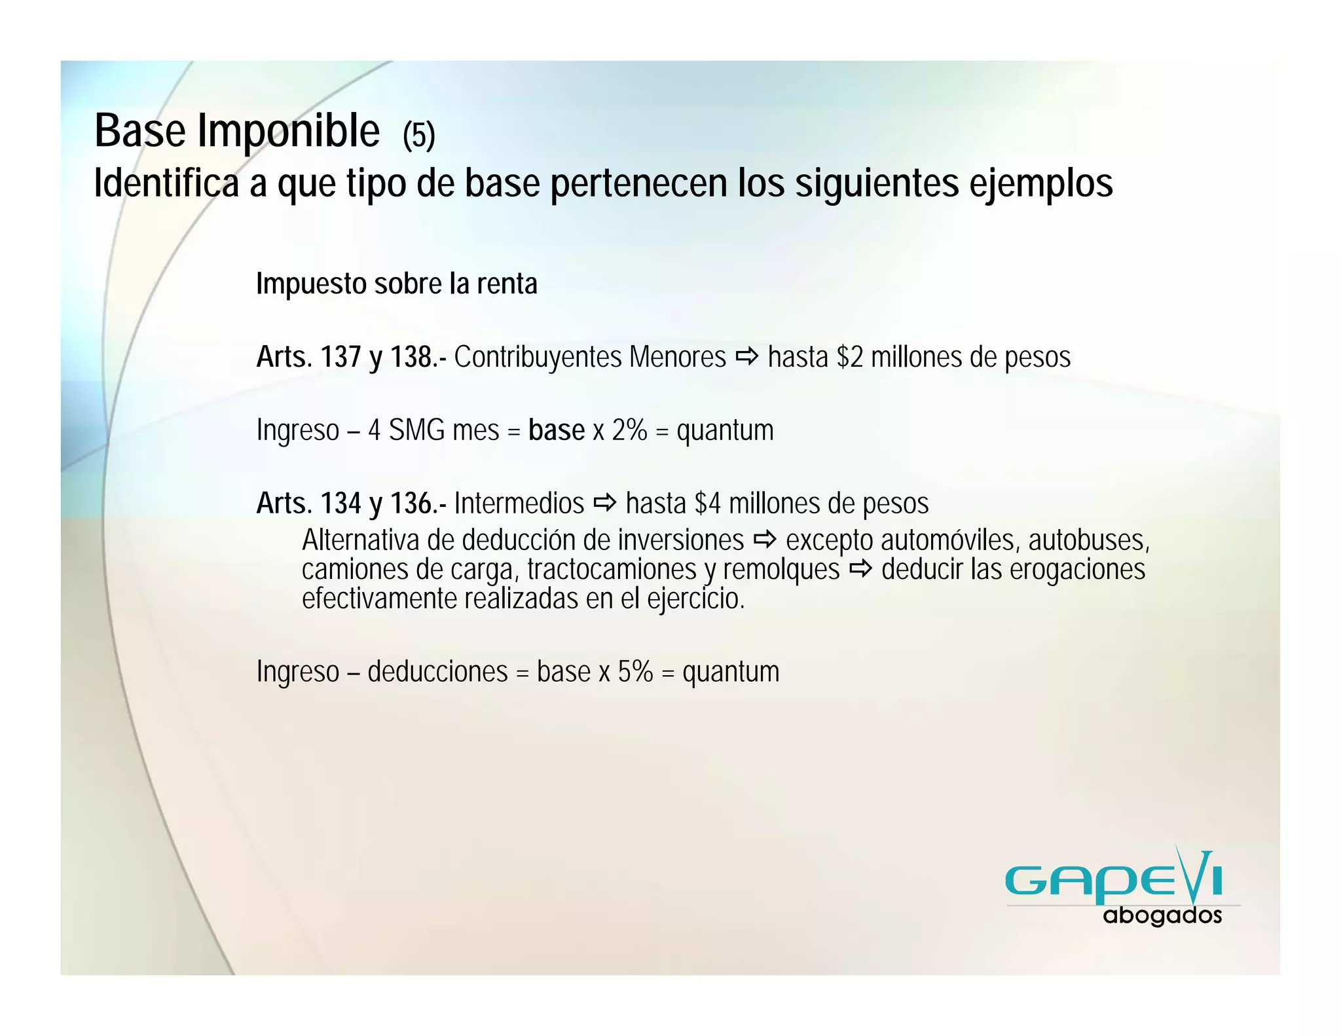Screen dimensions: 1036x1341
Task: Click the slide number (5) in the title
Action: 418,136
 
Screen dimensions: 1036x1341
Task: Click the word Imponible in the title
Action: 289,132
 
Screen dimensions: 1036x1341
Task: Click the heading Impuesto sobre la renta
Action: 396,284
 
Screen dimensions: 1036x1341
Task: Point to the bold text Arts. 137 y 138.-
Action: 352,358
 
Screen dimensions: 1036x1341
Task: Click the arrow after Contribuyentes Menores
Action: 746,357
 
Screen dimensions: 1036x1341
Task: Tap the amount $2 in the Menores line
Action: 850,358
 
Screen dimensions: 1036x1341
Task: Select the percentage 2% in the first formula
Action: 629,430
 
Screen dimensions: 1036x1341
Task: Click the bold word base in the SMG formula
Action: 557,430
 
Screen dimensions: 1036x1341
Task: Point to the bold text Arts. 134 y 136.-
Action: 352,504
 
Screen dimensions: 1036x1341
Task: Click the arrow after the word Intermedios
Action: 604,503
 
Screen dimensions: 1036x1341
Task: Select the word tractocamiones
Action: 612,570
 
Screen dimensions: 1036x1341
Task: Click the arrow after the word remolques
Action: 860,569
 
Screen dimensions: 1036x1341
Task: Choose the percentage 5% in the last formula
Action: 635,672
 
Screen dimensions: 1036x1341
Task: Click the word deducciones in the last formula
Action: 437,672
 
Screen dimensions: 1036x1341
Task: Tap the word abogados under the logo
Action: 1162,916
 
